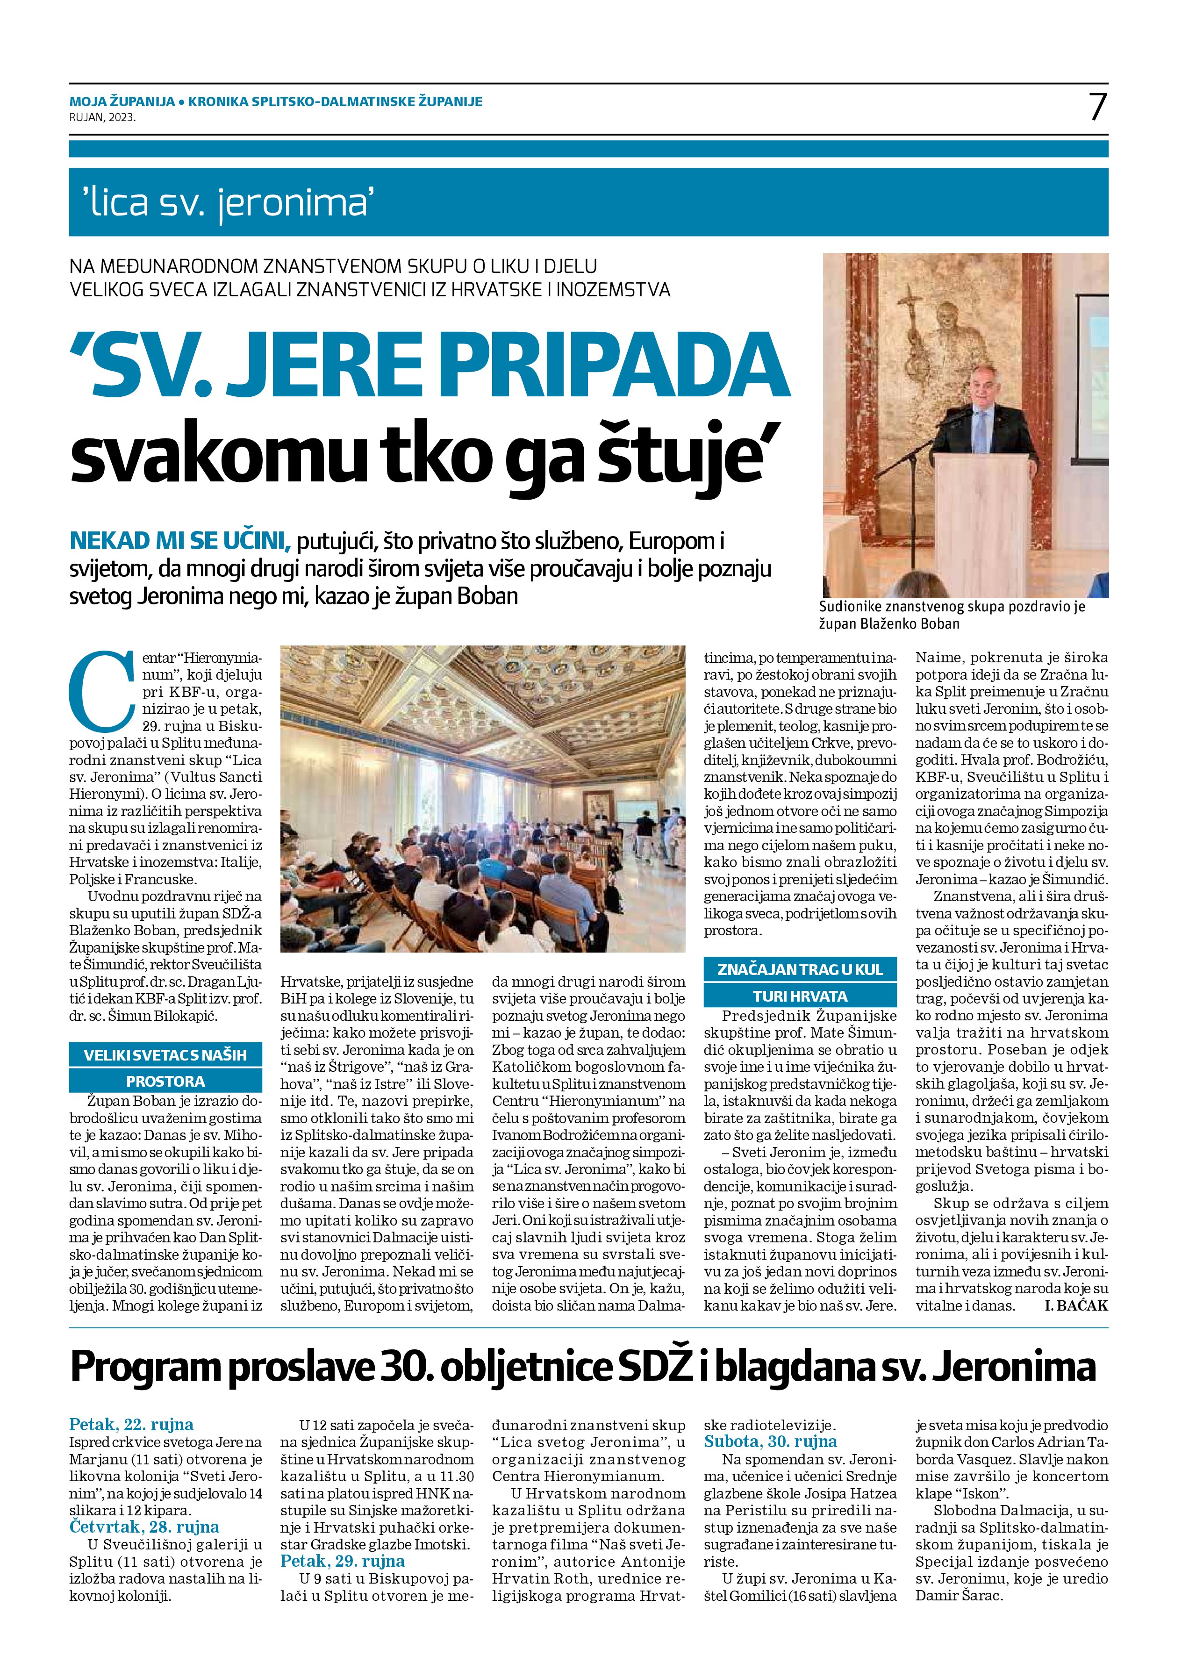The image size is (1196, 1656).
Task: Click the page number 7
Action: tap(1097, 108)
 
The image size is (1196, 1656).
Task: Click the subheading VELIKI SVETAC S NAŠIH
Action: tap(165, 1055)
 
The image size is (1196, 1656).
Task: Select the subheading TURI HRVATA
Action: tap(794, 996)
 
